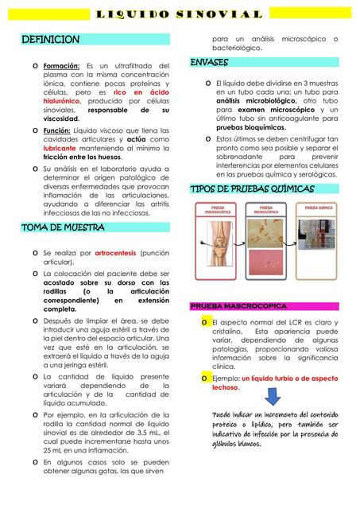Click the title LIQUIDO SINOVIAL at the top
[x=180, y=14]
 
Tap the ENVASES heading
[x=210, y=62]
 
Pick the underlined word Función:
[x=58, y=130]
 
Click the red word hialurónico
[x=61, y=102]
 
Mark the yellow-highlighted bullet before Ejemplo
[x=205, y=379]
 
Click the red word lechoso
[x=226, y=388]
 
